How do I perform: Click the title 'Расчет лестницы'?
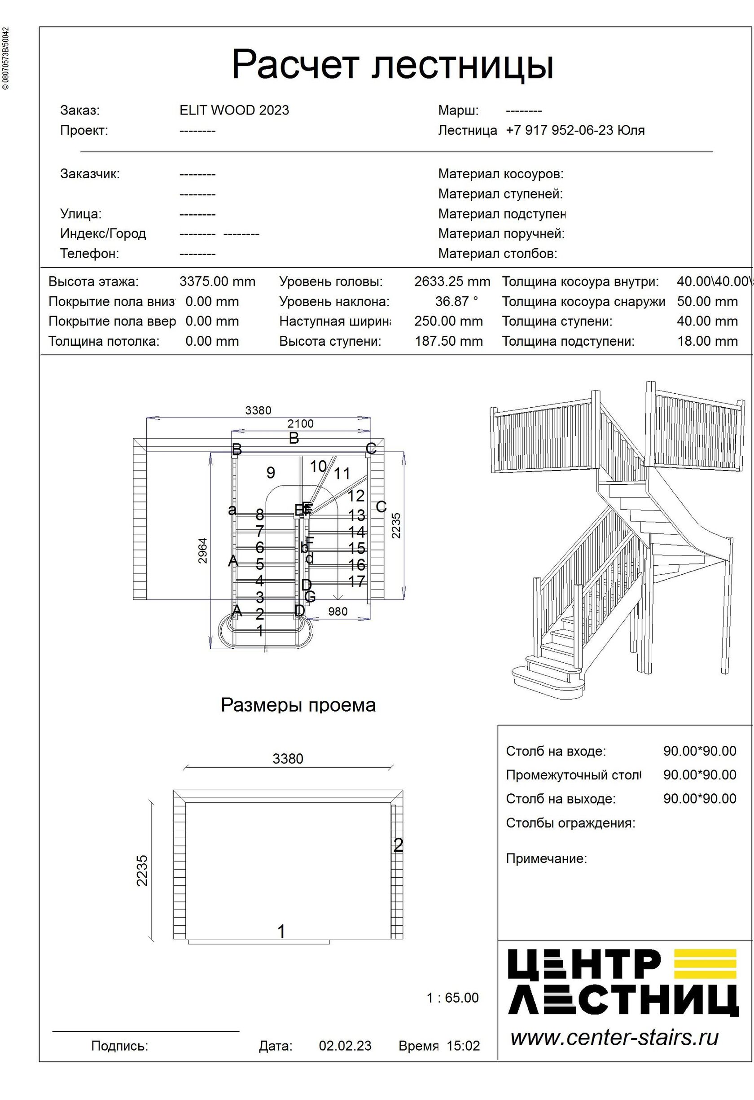coord(392,65)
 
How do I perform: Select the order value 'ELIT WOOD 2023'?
coord(234,110)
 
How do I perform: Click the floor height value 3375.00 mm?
coord(217,282)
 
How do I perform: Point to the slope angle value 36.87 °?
coord(456,302)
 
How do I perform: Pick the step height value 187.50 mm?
coord(448,341)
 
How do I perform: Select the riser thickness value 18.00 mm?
coord(707,341)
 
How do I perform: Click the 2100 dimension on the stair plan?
coord(300,424)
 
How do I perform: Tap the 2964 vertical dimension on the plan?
coord(202,550)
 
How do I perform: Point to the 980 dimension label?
coord(338,612)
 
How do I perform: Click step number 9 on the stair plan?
coord(271,472)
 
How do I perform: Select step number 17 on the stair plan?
coord(357,581)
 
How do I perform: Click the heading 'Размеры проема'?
coord(298,705)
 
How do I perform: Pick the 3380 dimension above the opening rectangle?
coord(288,759)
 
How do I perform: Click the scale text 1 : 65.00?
coord(452,998)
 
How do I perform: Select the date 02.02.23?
coord(345,1046)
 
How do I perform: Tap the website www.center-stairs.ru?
coord(614,1038)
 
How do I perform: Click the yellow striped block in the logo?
coord(705,964)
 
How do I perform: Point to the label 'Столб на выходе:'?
coord(561,799)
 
